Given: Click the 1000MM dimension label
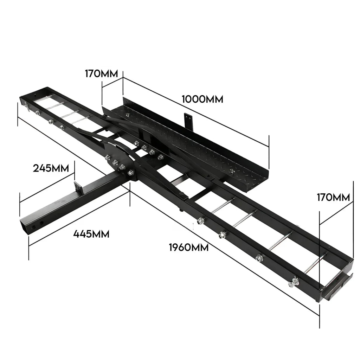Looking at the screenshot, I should click(x=202, y=99).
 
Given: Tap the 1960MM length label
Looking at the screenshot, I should click(x=188, y=247).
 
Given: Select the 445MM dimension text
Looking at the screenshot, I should click(x=91, y=233).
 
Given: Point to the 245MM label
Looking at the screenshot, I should click(x=51, y=168).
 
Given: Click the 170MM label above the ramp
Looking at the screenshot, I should click(x=102, y=74).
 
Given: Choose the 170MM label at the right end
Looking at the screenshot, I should click(x=333, y=197).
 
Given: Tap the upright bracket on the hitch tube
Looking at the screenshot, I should click(x=79, y=188).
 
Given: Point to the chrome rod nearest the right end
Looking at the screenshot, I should click(x=315, y=264).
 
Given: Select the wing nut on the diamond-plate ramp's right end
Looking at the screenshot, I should click(x=232, y=172).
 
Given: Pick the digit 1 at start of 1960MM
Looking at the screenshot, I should click(x=171, y=247).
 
